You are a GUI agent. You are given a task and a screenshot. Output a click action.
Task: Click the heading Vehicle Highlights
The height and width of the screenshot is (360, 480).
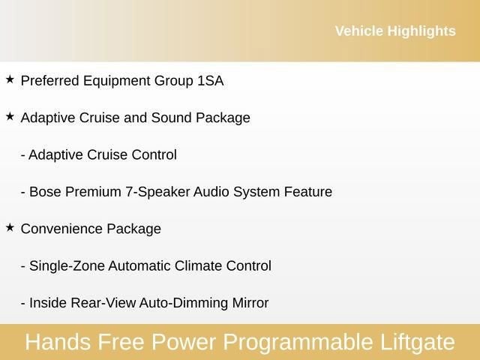click(394, 31)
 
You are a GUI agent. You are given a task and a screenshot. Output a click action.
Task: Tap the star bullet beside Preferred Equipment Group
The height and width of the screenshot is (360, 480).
click(10, 79)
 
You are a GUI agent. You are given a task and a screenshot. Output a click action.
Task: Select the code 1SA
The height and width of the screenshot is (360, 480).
click(211, 80)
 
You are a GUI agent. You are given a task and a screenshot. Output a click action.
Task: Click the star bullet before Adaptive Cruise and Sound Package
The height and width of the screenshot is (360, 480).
click(10, 117)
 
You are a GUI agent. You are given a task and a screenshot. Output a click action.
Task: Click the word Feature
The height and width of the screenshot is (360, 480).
click(307, 192)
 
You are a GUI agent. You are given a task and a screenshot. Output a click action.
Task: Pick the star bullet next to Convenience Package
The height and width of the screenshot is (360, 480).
click(10, 228)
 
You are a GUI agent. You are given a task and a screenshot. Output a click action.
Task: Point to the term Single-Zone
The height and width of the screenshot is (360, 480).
click(67, 266)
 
